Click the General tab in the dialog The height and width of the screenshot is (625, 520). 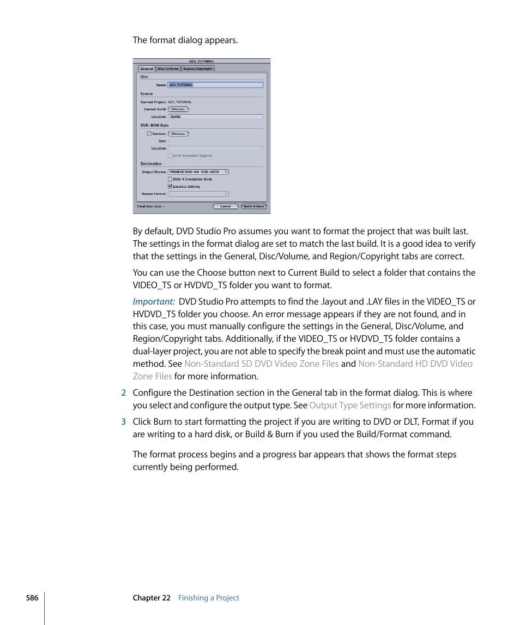pyautogui.click(x=147, y=69)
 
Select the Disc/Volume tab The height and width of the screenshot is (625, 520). pyautogui.click(x=168, y=69)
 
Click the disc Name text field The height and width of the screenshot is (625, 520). pyautogui.click(x=215, y=85)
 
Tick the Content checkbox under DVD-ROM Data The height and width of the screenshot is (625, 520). pyautogui.click(x=149, y=133)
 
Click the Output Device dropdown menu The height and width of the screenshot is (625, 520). pyautogui.click(x=198, y=172)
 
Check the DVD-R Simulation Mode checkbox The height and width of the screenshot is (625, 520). pyautogui.click(x=170, y=179)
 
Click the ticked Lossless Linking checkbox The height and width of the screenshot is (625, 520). pyautogui.click(x=170, y=186)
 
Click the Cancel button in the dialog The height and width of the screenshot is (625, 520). pyautogui.click(x=225, y=206)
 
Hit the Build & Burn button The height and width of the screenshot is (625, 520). pyautogui.click(x=253, y=206)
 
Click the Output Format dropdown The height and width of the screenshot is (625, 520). pyautogui.click(x=198, y=194)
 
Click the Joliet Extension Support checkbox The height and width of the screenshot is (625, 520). pyautogui.click(x=170, y=156)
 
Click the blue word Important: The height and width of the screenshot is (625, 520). pyautogui.click(x=154, y=302)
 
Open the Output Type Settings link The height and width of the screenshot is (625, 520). pyautogui.click(x=350, y=406)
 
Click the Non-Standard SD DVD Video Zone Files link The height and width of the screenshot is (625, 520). pyautogui.click(x=261, y=364)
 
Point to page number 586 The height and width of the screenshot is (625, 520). pyautogui.click(x=32, y=598)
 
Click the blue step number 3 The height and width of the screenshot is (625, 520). pyautogui.click(x=124, y=422)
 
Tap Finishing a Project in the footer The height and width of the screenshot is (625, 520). pyautogui.click(x=209, y=598)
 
